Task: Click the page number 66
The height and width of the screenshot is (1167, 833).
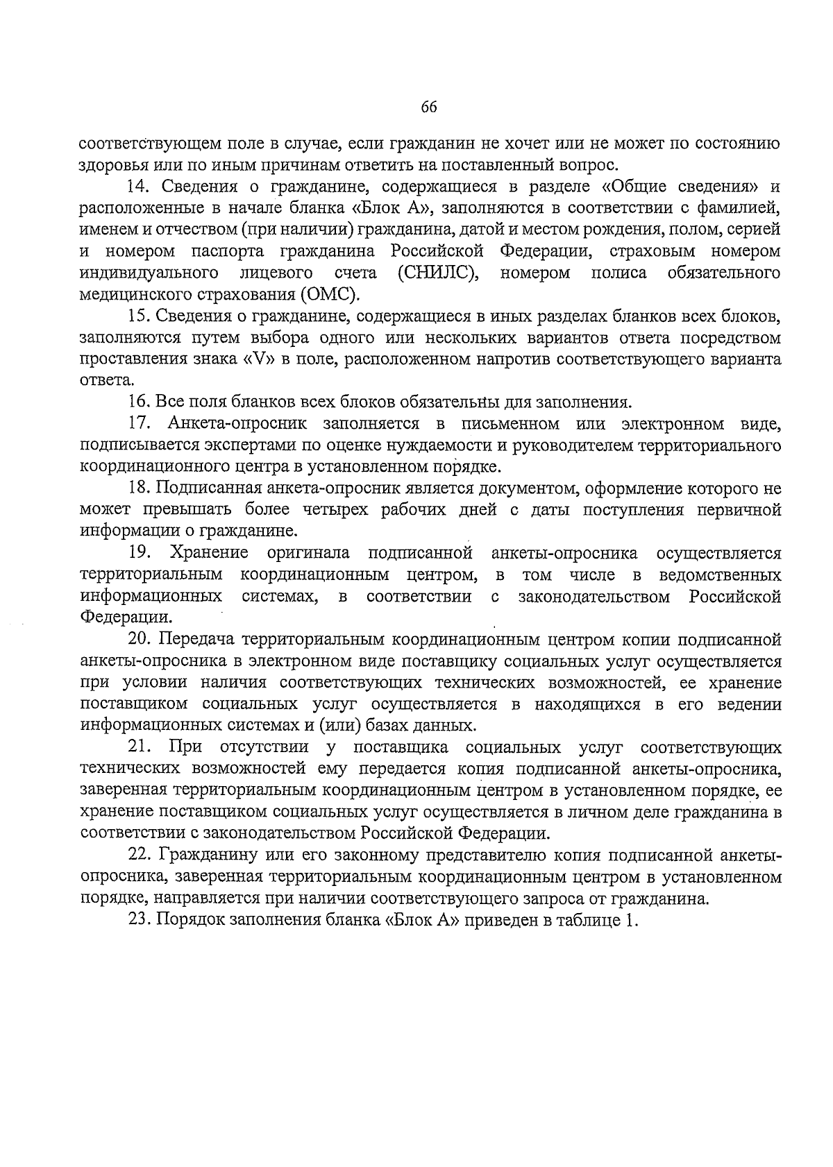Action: pos(428,107)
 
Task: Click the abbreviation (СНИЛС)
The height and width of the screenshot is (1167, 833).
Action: pos(439,273)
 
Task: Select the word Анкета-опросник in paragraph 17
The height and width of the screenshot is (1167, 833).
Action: pos(235,424)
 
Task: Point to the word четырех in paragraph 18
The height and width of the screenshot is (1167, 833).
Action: pos(333,510)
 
